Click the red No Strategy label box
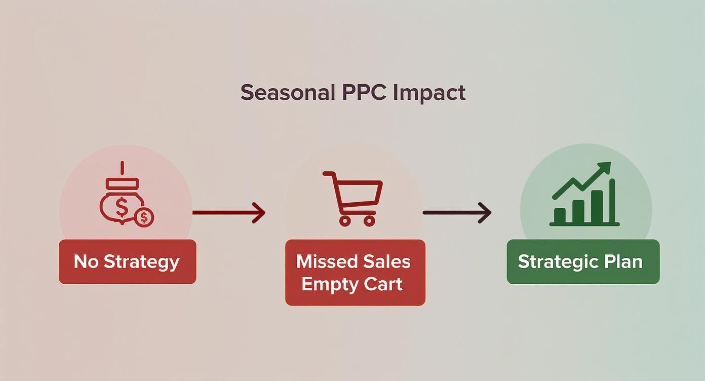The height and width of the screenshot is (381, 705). pyautogui.click(x=127, y=261)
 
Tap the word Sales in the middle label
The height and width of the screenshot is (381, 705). pyautogui.click(x=387, y=261)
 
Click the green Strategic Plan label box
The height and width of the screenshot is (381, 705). pyautogui.click(x=583, y=261)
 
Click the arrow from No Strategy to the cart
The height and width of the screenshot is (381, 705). pyautogui.click(x=229, y=212)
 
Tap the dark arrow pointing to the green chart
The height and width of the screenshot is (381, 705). pyautogui.click(x=457, y=212)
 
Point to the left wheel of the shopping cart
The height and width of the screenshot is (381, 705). pyautogui.click(x=345, y=220)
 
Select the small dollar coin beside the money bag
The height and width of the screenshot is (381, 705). pyautogui.click(x=144, y=217)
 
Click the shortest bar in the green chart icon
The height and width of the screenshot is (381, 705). pyautogui.click(x=560, y=215)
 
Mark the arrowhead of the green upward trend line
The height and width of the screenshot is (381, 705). pyautogui.click(x=606, y=168)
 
